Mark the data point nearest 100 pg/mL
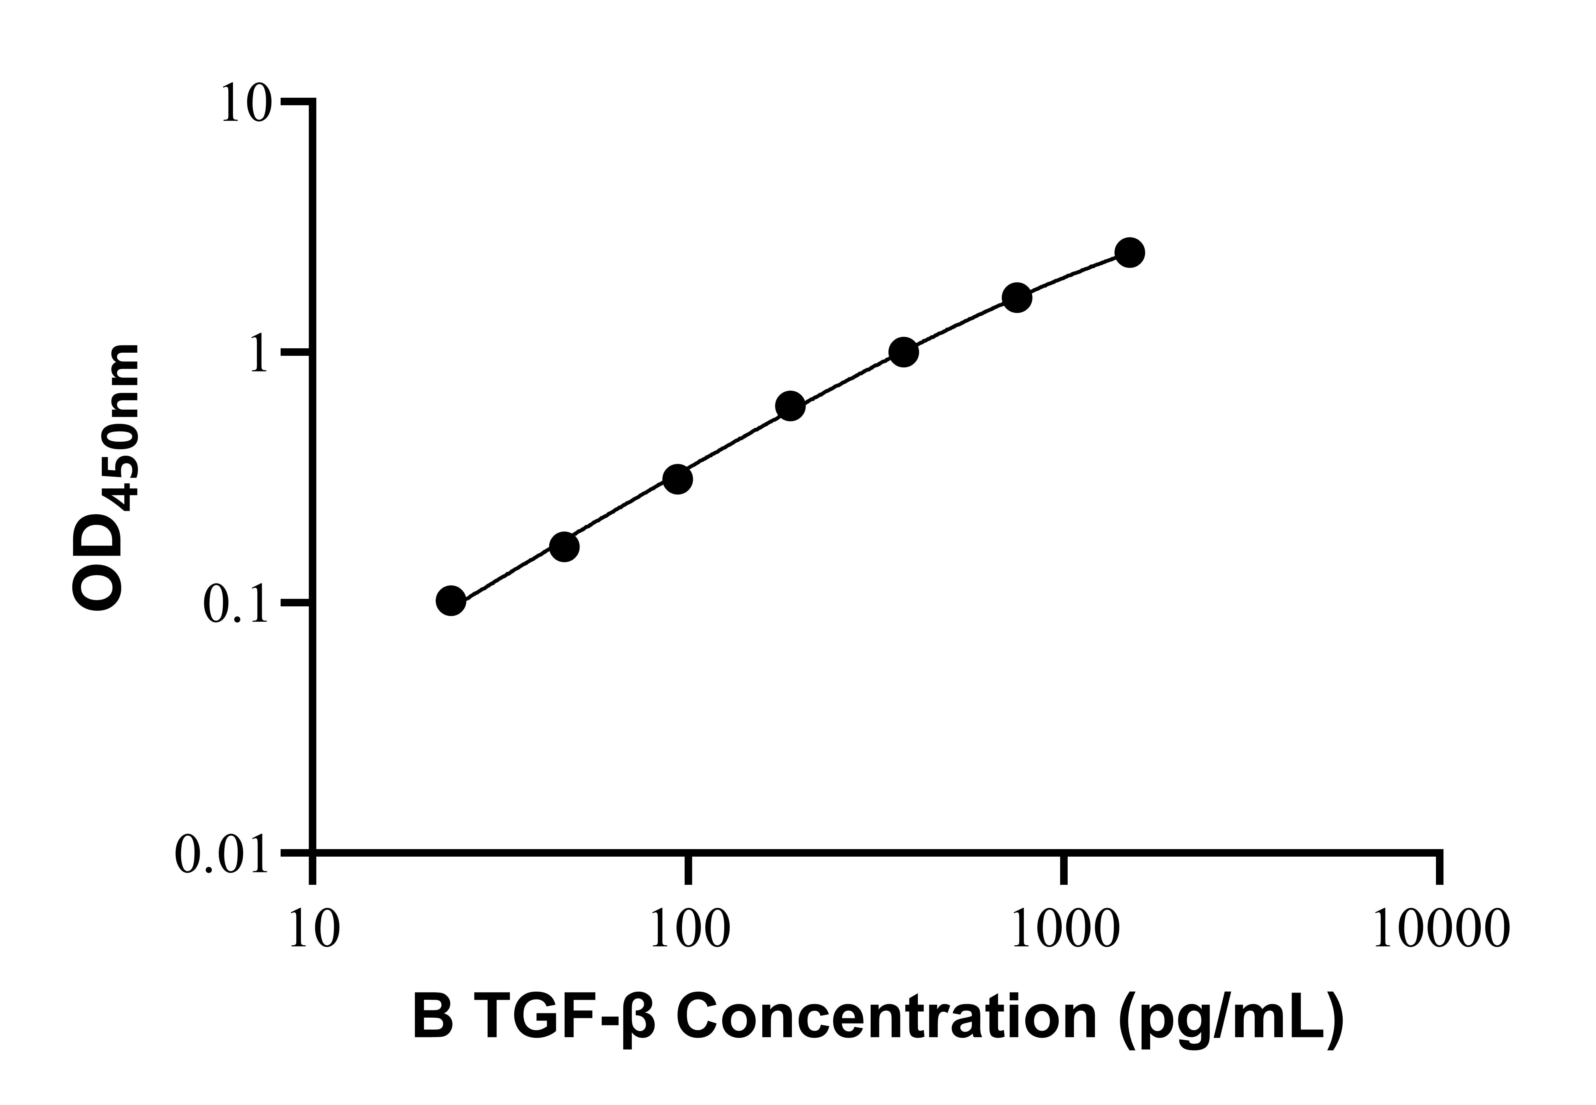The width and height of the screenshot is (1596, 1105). pos(677,479)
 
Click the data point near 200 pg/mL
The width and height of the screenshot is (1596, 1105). pos(790,407)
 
